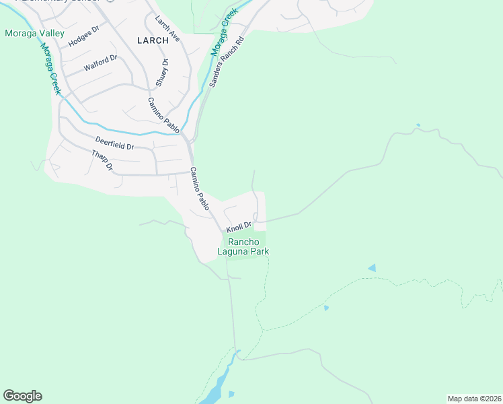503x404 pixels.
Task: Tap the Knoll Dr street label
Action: click(239, 228)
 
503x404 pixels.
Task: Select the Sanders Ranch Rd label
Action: click(225, 63)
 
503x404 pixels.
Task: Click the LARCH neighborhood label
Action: click(153, 40)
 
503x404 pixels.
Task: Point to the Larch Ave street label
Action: click(167, 29)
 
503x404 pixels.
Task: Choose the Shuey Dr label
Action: click(161, 72)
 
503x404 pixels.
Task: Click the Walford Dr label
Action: click(100, 63)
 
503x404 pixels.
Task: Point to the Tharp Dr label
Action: click(102, 160)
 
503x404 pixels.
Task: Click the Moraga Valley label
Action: click(34, 33)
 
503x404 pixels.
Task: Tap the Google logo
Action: click(23, 396)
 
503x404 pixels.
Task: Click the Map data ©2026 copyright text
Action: click(474, 399)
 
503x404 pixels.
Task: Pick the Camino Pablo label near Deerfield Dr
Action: click(163, 114)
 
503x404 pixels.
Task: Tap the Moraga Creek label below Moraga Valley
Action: click(50, 69)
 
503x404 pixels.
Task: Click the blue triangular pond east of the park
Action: click(372, 268)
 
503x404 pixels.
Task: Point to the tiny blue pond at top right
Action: click(418, 125)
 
